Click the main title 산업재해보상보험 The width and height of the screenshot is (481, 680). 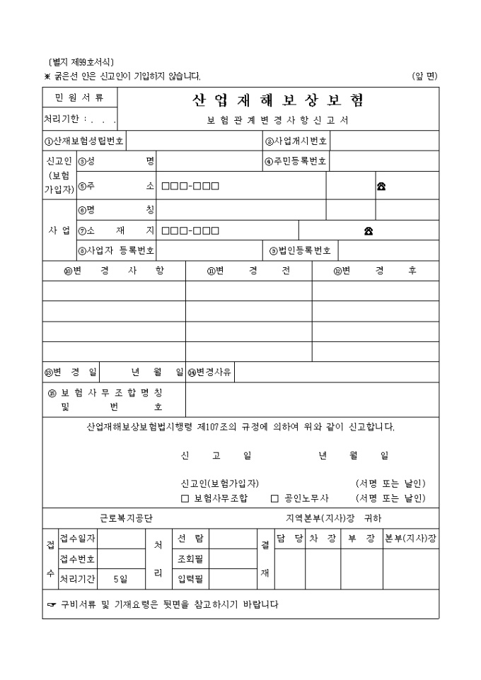coord(278,100)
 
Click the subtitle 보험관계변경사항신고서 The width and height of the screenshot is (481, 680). coord(278,120)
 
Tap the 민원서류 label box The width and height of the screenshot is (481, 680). coord(79,98)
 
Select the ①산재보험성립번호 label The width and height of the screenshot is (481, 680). coord(83,141)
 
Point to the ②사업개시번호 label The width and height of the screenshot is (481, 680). coord(296,141)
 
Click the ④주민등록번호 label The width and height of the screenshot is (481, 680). coord(296,161)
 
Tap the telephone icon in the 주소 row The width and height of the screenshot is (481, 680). coord(381,187)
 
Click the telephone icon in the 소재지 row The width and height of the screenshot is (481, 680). coord(369,230)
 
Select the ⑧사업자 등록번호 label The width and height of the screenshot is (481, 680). coord(116,250)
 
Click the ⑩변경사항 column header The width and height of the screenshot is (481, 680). coord(113,271)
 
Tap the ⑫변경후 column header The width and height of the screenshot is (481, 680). coord(375,271)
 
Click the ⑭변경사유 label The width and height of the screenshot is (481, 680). coord(210,372)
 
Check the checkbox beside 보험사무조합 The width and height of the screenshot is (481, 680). coord(185,498)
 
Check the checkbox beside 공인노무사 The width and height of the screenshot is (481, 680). coord(275,498)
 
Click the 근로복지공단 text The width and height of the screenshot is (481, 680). coord(126,518)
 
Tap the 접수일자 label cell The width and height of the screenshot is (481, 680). coord(78,539)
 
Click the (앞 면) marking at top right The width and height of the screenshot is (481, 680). coord(425,76)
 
